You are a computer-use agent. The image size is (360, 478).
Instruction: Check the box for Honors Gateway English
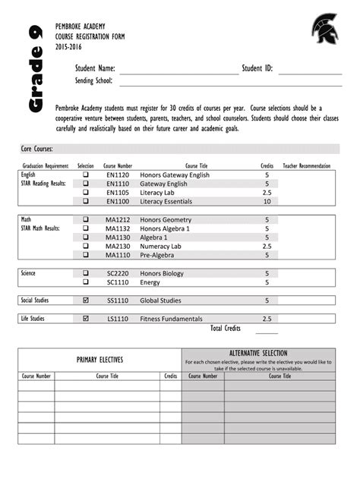(x=86, y=175)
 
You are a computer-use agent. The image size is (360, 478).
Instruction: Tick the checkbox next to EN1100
(x=86, y=202)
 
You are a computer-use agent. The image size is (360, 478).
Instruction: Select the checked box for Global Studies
(x=86, y=300)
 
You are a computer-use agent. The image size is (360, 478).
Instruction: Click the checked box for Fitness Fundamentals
(x=86, y=319)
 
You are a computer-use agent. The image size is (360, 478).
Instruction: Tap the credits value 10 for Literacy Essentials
(x=267, y=202)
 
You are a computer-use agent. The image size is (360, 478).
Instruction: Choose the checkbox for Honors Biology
(x=86, y=273)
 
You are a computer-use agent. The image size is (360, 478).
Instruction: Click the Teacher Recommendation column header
(x=306, y=165)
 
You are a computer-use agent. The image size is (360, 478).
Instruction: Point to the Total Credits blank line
(x=267, y=331)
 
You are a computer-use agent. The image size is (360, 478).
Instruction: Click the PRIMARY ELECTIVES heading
(x=99, y=360)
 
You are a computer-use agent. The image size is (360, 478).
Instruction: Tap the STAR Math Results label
(x=41, y=228)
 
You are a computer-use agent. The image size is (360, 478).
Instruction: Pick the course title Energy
(x=150, y=282)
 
